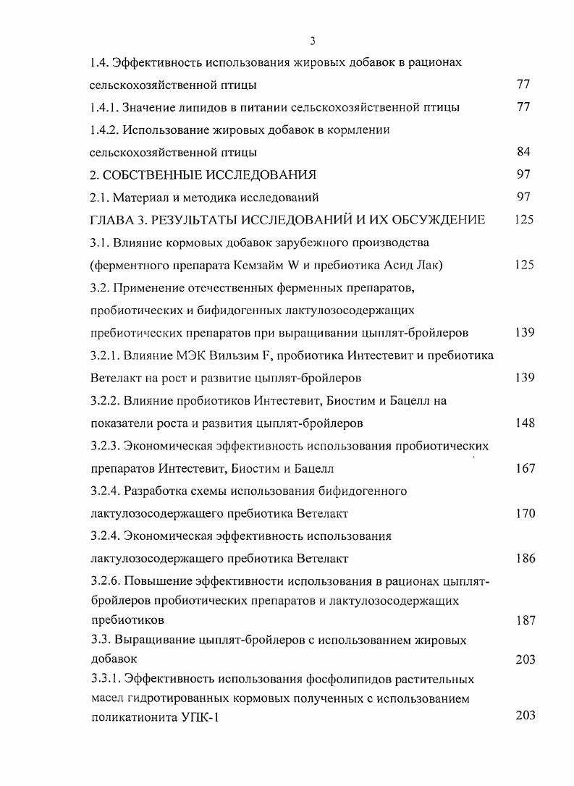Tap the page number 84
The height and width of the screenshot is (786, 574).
[524, 152]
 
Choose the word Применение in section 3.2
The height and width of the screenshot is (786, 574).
[154, 287]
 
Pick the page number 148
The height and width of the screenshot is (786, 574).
[524, 423]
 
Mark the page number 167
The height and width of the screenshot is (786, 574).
[524, 468]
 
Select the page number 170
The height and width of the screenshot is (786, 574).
[524, 514]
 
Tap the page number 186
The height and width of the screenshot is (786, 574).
[524, 559]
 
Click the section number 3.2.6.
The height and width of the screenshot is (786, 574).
[106, 582]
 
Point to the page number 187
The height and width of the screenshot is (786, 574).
[524, 620]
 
